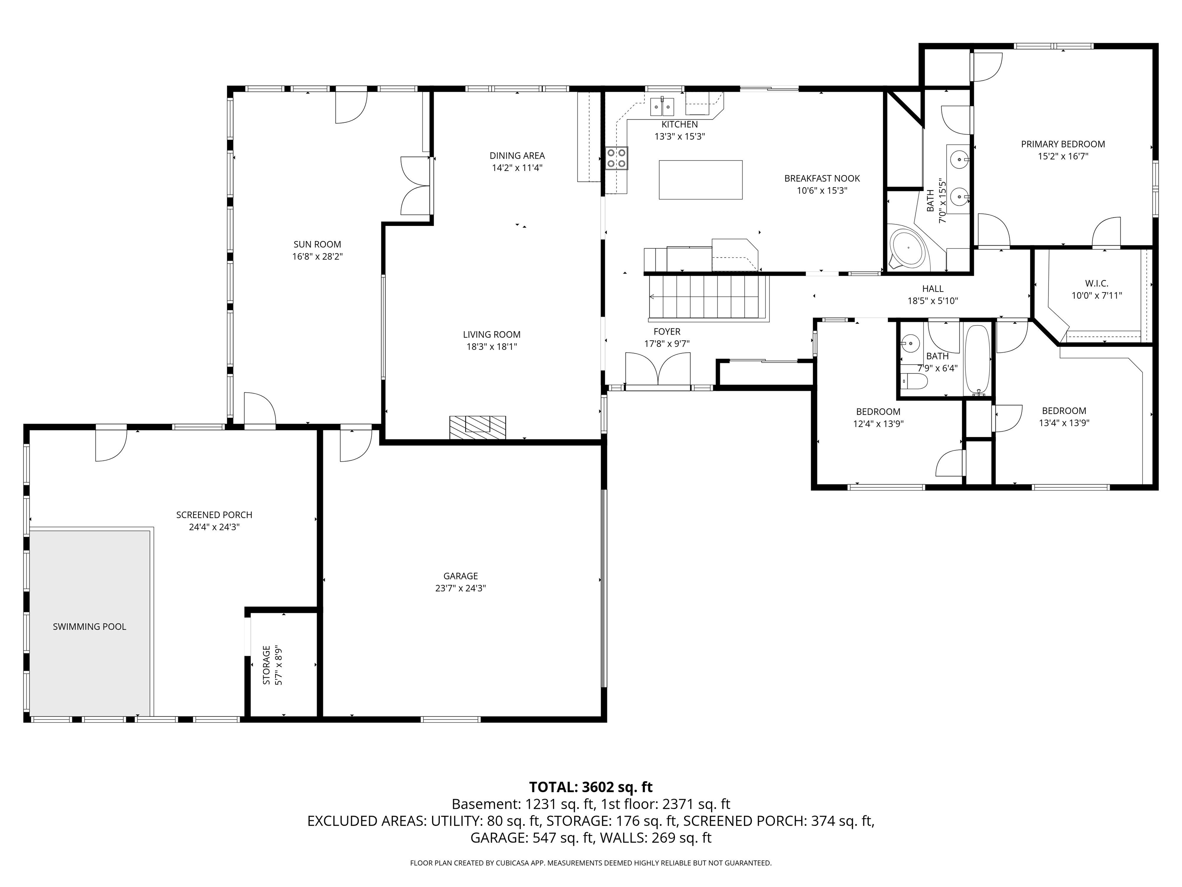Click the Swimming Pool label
coord(89,627)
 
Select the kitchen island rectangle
coord(701,180)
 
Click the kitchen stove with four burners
coord(617,158)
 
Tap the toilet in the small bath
coord(914,381)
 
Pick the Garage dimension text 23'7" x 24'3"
coord(460,588)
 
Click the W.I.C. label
coord(1097,283)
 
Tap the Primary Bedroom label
coord(1063,144)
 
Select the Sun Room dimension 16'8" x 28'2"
coord(317,257)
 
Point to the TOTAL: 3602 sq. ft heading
coord(591,787)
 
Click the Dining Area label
coord(517,156)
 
